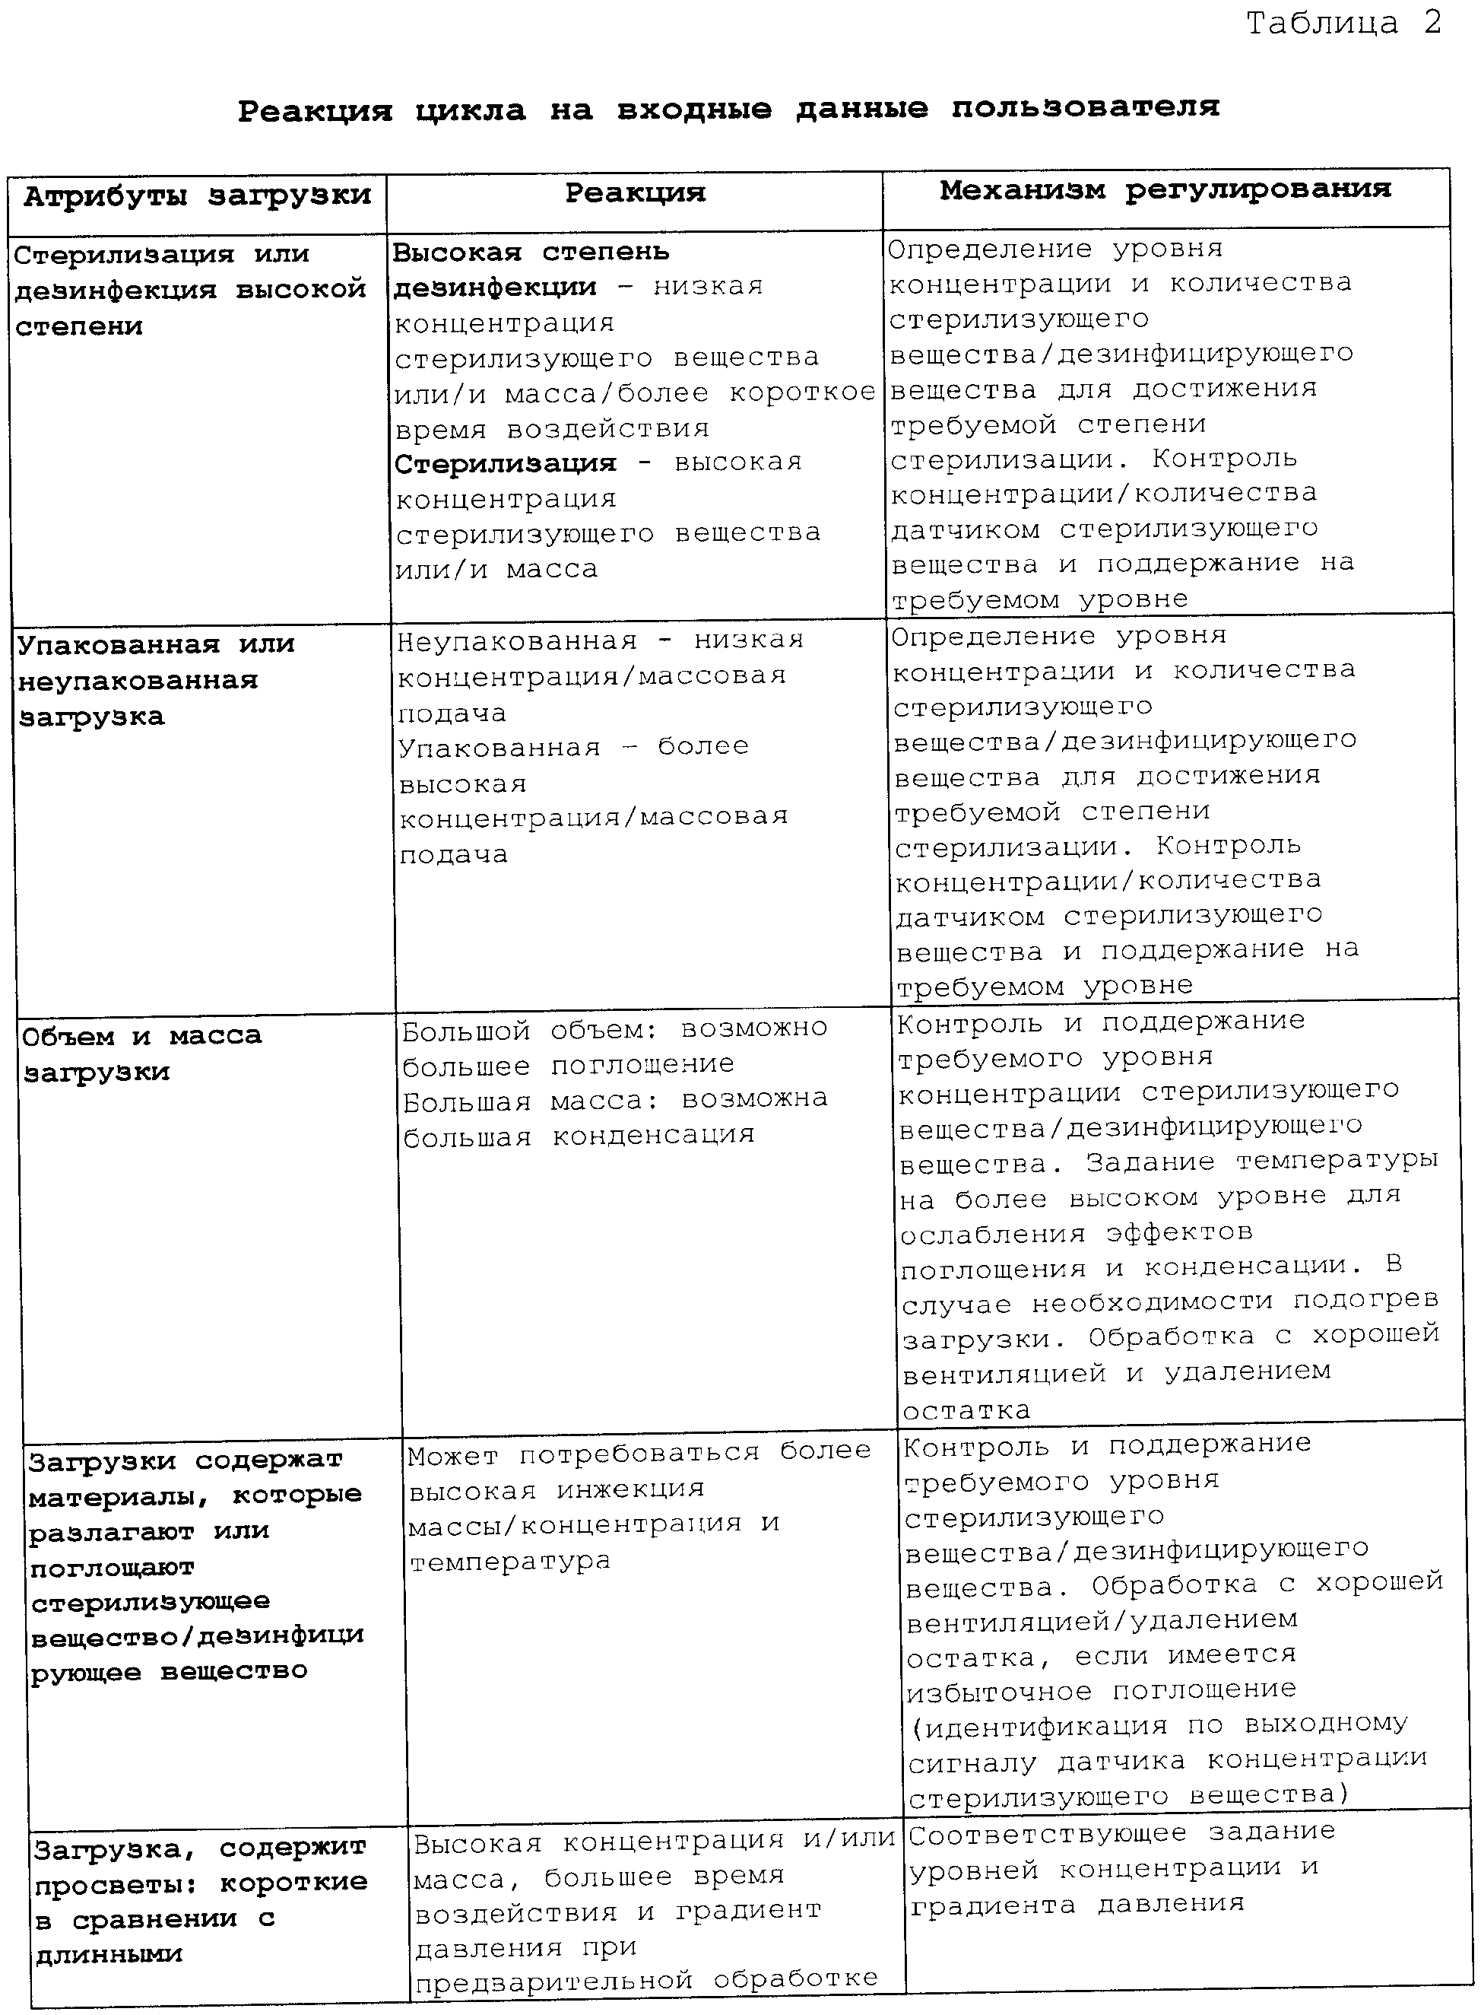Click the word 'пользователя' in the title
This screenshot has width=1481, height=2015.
[1085, 107]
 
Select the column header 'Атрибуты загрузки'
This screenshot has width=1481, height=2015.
[197, 196]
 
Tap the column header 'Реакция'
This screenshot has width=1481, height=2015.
[635, 192]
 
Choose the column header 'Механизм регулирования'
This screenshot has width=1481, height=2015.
[1165, 190]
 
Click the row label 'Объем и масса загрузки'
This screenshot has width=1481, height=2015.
[141, 1054]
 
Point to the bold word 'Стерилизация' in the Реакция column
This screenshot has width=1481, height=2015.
[506, 463]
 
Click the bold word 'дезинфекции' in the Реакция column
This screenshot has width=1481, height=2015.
[496, 288]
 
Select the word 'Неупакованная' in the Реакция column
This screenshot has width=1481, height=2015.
[516, 641]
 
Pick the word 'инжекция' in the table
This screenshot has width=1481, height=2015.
[630, 1489]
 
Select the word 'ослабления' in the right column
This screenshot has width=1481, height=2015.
[994, 1235]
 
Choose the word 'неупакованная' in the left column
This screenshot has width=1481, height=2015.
[138, 682]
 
